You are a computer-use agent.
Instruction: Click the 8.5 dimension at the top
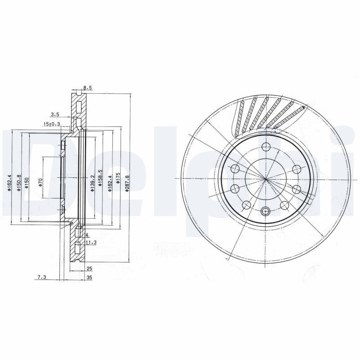[x=87, y=88]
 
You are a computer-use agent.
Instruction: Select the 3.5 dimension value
[x=55, y=115]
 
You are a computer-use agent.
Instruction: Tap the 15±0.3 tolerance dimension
[x=52, y=124]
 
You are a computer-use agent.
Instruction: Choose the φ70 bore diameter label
[x=40, y=182]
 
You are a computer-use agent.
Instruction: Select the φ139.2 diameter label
[x=92, y=184]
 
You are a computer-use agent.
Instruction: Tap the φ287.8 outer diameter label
[x=128, y=184]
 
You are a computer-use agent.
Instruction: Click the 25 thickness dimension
[x=89, y=269]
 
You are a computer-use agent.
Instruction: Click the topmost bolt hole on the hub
[x=265, y=147]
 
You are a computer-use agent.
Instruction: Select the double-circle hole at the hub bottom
[x=265, y=211]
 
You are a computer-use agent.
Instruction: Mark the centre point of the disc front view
[x=265, y=179]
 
